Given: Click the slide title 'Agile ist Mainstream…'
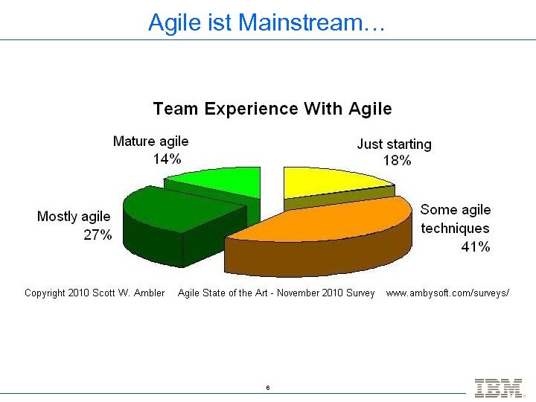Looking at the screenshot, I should pyautogui.click(x=267, y=22).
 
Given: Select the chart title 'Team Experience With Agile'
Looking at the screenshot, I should pyautogui.click(x=272, y=109).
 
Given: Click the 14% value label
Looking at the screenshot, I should pyautogui.click(x=167, y=159).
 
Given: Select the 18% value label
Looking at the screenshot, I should pyautogui.click(x=397, y=160).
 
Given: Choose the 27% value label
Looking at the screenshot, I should pyautogui.click(x=98, y=234).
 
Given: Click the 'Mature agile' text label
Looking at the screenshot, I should pyautogui.click(x=150, y=141).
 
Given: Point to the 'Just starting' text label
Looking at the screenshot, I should pyautogui.click(x=394, y=144).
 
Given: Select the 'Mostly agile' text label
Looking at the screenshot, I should pyautogui.click(x=74, y=217).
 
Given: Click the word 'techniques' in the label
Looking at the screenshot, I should pyautogui.click(x=455, y=229).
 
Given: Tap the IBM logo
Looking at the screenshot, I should pyautogui.click(x=498, y=387).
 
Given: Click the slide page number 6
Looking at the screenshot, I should pyautogui.click(x=267, y=388).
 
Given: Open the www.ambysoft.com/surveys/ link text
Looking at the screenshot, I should pyautogui.click(x=447, y=293).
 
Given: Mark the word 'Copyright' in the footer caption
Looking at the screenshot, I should pyautogui.click(x=45, y=293).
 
